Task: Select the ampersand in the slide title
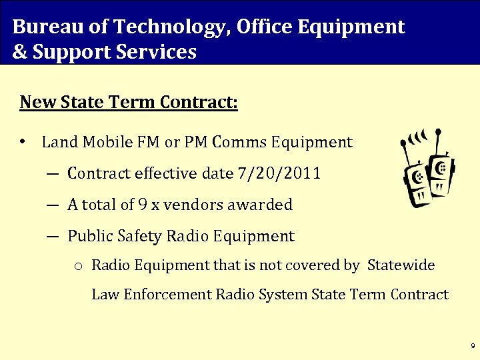19,52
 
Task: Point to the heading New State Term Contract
129,103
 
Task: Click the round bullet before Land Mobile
23,142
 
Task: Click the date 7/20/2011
279,173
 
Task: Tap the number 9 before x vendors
143,205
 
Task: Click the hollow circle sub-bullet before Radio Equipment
78,266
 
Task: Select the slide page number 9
472,347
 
